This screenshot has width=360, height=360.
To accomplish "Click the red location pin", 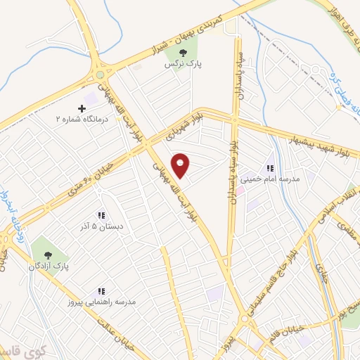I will coord(181,165).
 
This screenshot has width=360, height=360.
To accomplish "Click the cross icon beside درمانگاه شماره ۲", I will coord(82,108).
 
